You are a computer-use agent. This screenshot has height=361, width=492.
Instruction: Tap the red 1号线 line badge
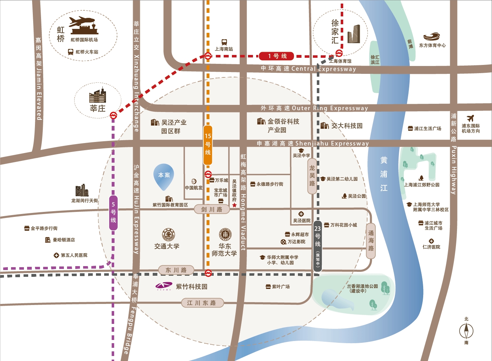[277, 56]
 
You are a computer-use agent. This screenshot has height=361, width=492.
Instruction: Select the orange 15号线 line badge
[208, 145]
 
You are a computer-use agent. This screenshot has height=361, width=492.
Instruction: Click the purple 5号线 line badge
[113, 213]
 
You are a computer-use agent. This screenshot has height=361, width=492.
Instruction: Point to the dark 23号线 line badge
[318, 246]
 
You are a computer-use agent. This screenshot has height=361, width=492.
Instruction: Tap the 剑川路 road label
[212, 209]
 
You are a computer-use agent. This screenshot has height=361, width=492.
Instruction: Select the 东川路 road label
[176, 270]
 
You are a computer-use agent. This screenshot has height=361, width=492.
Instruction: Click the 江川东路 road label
[202, 303]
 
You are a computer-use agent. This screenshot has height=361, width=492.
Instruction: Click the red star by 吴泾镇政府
[234, 205]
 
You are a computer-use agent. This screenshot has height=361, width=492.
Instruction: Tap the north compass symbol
[466, 331]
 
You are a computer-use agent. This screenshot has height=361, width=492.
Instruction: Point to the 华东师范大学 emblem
[225, 235]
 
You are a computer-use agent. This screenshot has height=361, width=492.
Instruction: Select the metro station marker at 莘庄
[113, 115]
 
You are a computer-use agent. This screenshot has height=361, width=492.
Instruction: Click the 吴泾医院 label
[301, 220]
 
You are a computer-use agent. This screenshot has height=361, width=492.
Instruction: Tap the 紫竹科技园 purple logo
[163, 286]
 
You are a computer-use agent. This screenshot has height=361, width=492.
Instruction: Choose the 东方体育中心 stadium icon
[432, 37]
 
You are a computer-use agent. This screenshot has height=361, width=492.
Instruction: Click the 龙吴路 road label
[312, 176]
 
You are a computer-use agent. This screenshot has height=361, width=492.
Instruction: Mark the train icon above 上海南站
[224, 42]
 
